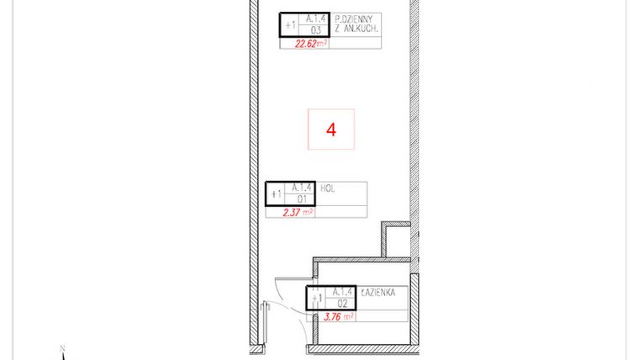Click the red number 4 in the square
coord(331,130)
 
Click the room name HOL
coord(328,189)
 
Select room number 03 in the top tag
coord(315,30)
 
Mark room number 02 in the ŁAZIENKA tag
coord(341,304)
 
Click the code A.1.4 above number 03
coord(315,19)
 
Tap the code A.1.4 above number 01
coord(301,188)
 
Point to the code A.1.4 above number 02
coord(341,292)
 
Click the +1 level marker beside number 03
coord(290,25)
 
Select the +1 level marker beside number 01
coord(276,194)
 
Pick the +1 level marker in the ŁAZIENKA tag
coord(316,298)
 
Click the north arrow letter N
coord(62,347)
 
